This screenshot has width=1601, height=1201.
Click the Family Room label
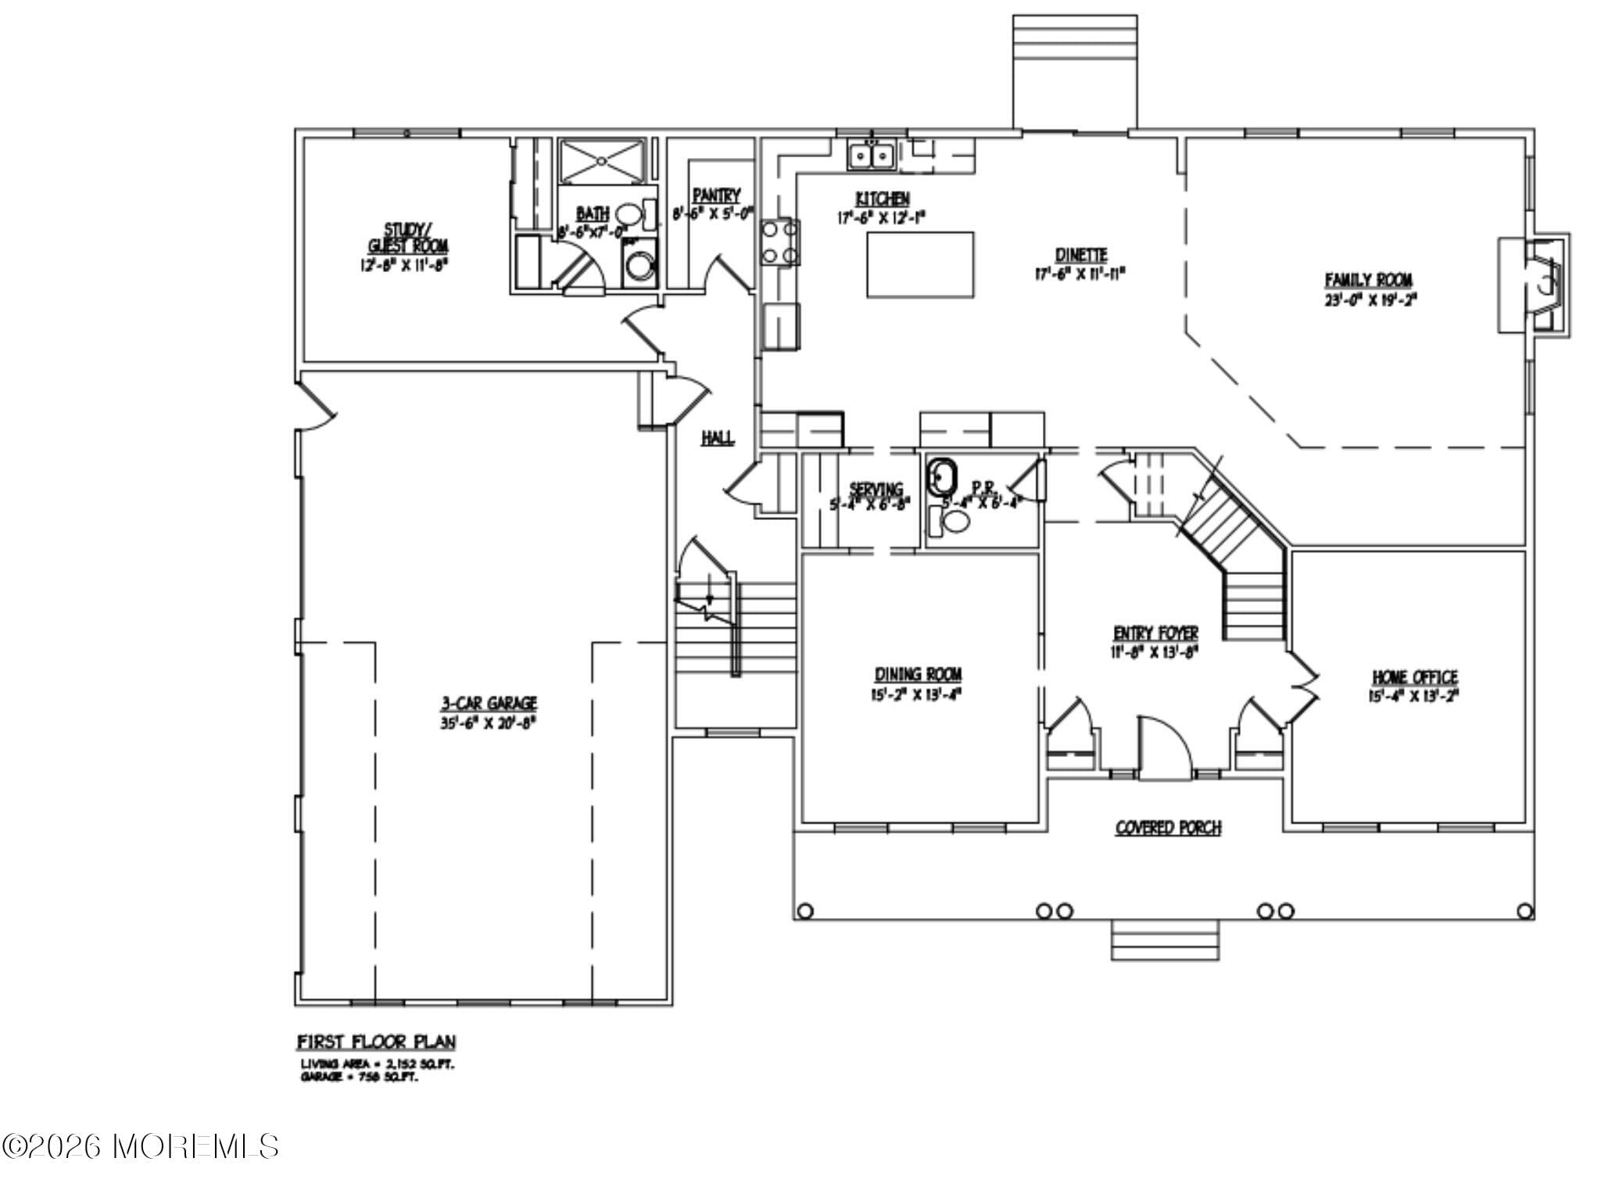tap(1368, 280)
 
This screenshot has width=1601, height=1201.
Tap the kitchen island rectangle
tap(920, 264)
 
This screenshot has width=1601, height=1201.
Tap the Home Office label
tap(1414, 677)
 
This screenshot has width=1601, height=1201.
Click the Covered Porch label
tap(1168, 827)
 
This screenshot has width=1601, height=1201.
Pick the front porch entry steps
tap(1165, 939)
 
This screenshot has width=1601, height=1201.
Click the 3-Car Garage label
tap(488, 704)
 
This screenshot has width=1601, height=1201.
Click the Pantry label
tap(715, 195)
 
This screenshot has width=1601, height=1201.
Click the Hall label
tap(717, 438)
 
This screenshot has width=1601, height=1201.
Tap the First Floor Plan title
tap(376, 1041)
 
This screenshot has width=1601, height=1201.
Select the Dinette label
tap(1080, 255)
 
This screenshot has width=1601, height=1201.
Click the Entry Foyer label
tap(1155, 633)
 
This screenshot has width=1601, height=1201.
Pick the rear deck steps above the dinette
tap(1074, 70)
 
